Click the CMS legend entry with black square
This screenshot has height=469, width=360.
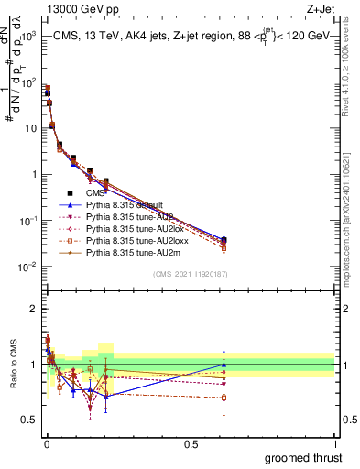[95, 193]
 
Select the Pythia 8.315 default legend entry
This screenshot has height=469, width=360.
[118, 204]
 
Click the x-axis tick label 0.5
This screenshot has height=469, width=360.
[191, 443]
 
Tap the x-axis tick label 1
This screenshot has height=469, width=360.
[334, 443]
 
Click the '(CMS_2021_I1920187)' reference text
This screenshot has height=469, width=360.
[191, 273]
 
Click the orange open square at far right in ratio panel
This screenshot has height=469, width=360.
[224, 398]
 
